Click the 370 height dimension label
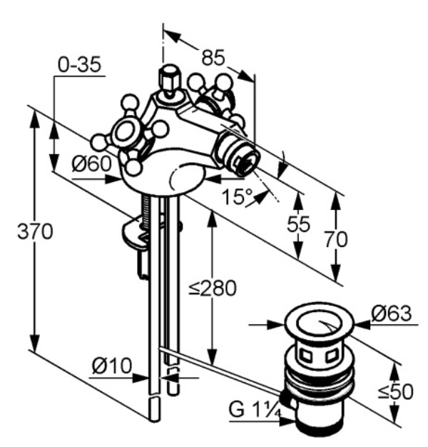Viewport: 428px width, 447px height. coord(35,231)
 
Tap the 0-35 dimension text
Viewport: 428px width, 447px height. coord(79,64)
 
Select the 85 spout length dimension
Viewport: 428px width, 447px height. coord(213,58)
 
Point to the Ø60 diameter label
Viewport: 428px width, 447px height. coord(91,164)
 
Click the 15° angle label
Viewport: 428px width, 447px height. coord(237,196)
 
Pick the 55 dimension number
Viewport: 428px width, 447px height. coord(298,224)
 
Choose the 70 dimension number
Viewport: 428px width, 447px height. coord(336,239)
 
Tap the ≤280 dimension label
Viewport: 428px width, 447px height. coord(213,288)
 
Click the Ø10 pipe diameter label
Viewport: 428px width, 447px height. coord(112,366)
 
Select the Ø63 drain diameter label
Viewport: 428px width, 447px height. coord(392,313)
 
